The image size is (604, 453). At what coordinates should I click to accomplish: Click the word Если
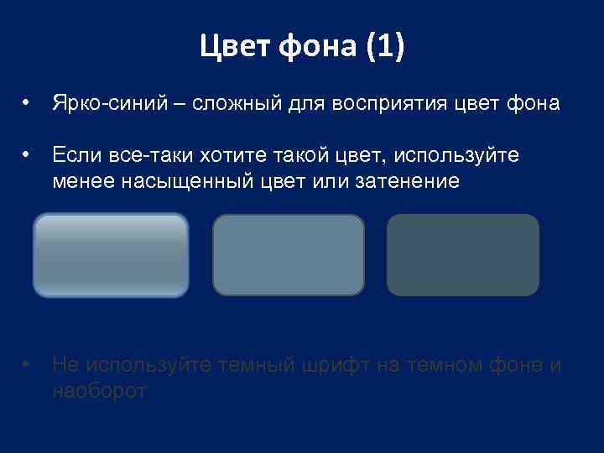pos(75,155)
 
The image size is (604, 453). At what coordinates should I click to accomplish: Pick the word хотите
pos(225,155)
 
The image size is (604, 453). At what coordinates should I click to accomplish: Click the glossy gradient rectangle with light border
pos(111,255)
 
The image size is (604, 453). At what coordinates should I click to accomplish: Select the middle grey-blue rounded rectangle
pos(289,255)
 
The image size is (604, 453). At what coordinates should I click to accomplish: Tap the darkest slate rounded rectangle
pos(462,255)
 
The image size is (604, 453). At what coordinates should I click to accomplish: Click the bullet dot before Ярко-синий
pos(28,105)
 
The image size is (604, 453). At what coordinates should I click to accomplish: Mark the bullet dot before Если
pos(28,155)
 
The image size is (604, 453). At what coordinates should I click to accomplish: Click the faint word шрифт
pos(330,365)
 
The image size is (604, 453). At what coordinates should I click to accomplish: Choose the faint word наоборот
pos(99,390)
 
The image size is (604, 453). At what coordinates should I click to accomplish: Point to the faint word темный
pos(248,365)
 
